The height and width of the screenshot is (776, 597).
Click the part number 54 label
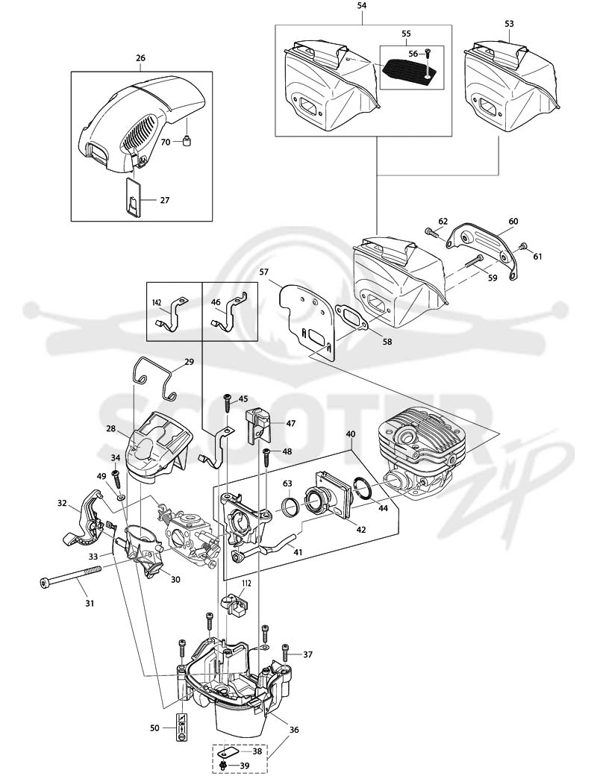362,6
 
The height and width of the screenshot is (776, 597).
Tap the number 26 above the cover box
140,58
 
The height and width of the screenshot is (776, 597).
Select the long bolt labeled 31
70,576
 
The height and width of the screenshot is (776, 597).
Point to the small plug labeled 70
187,142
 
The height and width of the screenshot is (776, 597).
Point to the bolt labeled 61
522,246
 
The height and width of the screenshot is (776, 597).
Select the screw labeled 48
266,455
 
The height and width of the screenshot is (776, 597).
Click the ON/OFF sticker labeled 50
181,727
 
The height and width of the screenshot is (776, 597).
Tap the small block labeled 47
258,425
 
